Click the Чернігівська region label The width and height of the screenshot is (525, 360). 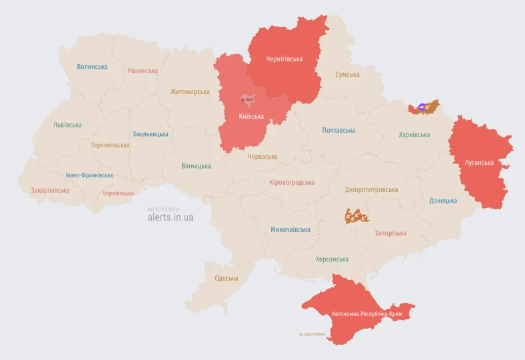[284, 59]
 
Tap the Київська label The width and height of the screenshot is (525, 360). [251, 116]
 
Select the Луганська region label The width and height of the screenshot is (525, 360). [479, 162]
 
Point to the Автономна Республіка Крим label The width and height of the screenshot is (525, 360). [366, 313]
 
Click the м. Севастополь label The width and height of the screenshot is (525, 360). [312, 335]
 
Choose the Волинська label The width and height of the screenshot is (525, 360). [92, 67]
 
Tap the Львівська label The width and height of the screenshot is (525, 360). [67, 125]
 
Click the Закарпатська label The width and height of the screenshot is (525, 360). [50, 190]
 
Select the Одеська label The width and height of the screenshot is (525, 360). [226, 278]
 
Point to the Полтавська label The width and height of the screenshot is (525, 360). [338, 131]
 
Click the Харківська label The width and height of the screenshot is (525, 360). [414, 135]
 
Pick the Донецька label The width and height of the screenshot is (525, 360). [443, 201]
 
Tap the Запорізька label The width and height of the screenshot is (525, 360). [390, 233]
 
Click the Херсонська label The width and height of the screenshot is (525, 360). [332, 259]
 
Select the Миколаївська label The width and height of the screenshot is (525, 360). [290, 229]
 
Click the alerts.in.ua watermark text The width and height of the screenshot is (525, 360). [171, 217]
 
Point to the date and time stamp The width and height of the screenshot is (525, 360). [164, 209]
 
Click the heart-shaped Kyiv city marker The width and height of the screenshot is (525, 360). [248, 100]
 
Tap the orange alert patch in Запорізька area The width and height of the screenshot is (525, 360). [356, 215]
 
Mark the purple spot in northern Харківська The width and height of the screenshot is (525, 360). [422, 106]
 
